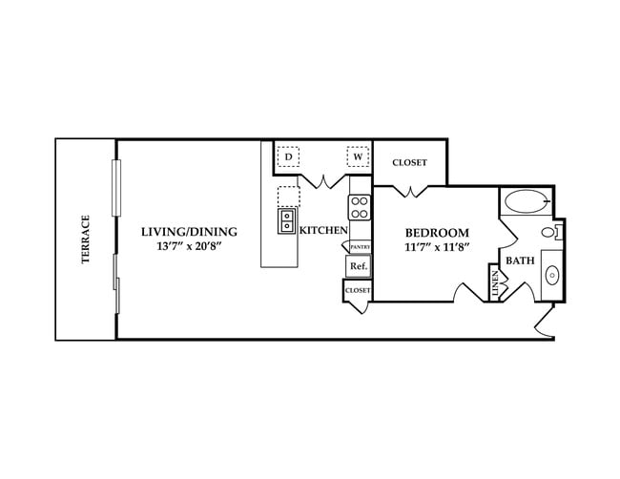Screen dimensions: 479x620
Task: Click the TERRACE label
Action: tap(85, 239)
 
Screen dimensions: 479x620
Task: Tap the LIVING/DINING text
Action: tap(189, 232)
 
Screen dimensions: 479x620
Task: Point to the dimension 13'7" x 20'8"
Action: tap(189, 247)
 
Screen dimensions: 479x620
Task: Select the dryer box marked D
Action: tap(288, 156)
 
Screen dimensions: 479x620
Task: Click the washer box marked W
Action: tap(358, 156)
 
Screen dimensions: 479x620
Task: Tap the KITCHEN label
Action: tap(322, 231)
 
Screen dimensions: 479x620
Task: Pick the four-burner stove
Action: tap(360, 207)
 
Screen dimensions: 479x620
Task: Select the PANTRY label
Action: tap(360, 246)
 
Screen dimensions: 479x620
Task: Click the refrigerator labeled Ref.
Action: tap(359, 266)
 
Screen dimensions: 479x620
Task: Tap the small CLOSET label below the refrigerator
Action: tap(358, 289)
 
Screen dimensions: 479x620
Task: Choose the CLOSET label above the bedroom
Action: tap(409, 162)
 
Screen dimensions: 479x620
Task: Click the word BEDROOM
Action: tap(437, 233)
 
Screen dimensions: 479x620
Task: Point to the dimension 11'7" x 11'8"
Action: tap(437, 248)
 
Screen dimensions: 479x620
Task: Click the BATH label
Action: tap(520, 260)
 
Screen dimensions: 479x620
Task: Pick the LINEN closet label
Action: tap(495, 283)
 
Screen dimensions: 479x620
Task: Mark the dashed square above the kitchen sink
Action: tap(288, 197)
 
